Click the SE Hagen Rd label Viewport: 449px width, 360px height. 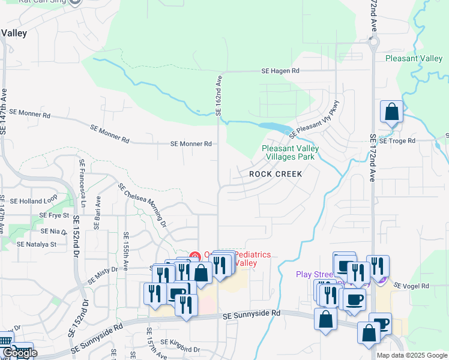point(280,71)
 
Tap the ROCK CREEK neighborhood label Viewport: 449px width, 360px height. point(275,173)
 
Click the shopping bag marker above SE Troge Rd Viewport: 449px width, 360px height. point(391,112)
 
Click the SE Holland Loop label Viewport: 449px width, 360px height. point(33,201)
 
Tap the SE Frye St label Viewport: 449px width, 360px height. point(55,215)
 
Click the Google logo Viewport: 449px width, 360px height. point(19,353)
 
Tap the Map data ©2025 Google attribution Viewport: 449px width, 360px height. point(412,355)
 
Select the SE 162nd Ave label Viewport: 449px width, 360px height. point(218,95)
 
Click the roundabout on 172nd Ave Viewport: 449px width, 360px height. point(373,42)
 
